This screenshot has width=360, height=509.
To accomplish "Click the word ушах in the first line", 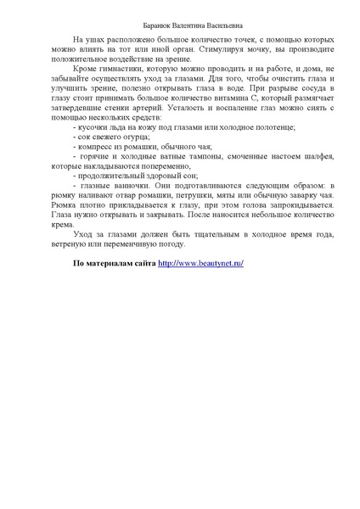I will tap(93, 41).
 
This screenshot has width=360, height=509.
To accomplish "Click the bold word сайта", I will tap(142, 264).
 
